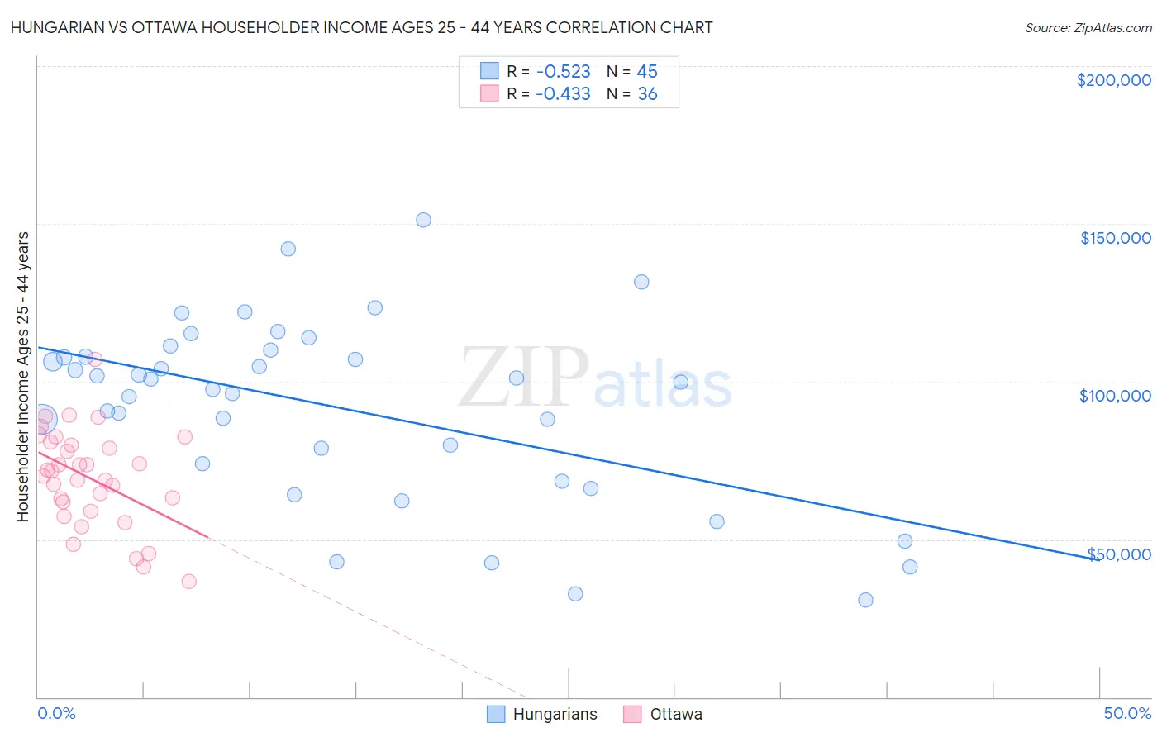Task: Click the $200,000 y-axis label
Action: click(1113, 80)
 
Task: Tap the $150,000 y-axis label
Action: click(1115, 238)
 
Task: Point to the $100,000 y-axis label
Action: click(1115, 396)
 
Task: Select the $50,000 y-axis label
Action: click(1119, 554)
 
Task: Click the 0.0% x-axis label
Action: click(56, 713)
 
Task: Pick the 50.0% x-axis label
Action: click(1127, 713)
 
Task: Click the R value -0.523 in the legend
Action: click(563, 71)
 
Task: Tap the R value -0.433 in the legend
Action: click(563, 94)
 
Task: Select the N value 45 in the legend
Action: click(647, 71)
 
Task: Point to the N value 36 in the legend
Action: click(647, 94)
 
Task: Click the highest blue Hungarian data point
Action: click(423, 220)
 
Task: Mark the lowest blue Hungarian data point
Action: click(865, 600)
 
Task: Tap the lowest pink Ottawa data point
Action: click(188, 581)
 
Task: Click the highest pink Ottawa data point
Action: click(95, 359)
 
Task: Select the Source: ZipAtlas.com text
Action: click(1088, 27)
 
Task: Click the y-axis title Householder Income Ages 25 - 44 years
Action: click(22, 376)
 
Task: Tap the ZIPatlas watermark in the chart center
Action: click(595, 378)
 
